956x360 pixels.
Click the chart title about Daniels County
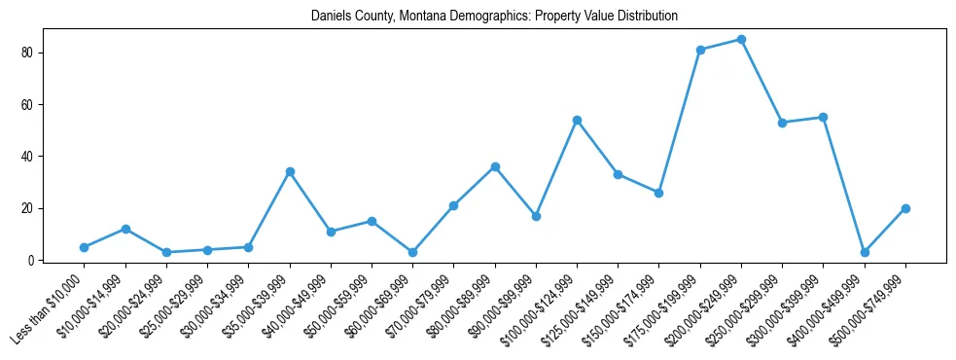(494, 17)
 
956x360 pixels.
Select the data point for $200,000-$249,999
(741, 39)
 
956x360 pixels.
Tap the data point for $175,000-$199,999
(700, 50)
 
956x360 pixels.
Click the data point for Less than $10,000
(85, 247)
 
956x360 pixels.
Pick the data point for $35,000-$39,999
(290, 171)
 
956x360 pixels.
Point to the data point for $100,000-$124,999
(577, 120)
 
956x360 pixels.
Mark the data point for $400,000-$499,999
(865, 252)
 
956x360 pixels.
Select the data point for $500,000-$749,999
(905, 208)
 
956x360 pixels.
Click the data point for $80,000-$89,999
(495, 166)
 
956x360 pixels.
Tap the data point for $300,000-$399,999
(823, 117)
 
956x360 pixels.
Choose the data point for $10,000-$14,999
(125, 229)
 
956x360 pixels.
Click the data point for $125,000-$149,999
(618, 174)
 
